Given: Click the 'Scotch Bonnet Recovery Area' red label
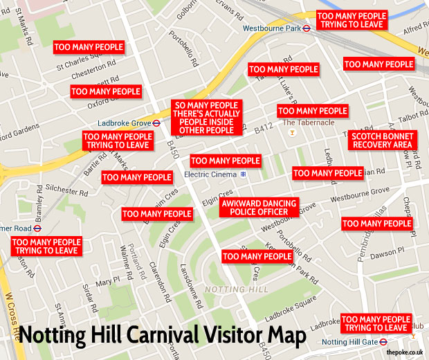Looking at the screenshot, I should click(x=382, y=140).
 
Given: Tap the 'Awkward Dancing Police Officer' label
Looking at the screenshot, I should click(x=258, y=207).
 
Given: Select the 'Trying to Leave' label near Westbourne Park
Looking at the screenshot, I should click(x=352, y=20).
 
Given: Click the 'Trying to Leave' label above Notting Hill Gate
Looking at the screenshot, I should click(x=376, y=323).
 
